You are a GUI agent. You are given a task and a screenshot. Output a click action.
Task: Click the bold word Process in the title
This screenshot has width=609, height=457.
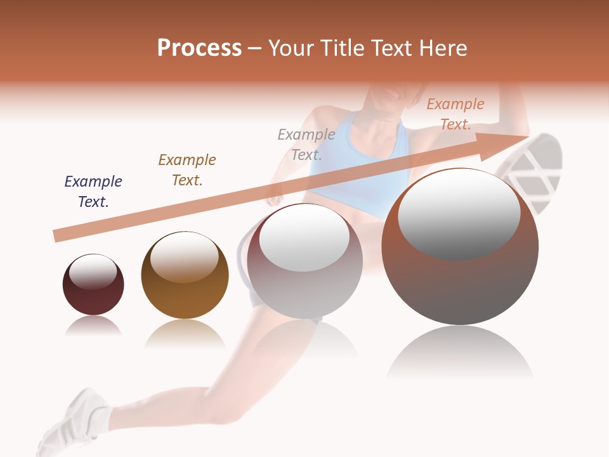199,48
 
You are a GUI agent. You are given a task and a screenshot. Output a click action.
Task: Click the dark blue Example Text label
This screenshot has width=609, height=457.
93,192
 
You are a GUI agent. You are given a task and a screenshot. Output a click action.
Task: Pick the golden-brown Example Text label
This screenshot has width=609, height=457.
187,170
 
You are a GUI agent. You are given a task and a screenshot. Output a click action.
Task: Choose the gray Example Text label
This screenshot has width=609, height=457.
306,145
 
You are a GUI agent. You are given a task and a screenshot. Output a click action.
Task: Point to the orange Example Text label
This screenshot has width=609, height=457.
455,114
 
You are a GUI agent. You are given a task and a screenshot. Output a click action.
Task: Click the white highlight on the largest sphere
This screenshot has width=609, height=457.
459,215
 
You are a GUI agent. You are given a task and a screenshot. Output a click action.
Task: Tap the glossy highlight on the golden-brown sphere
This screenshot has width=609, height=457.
184,256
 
